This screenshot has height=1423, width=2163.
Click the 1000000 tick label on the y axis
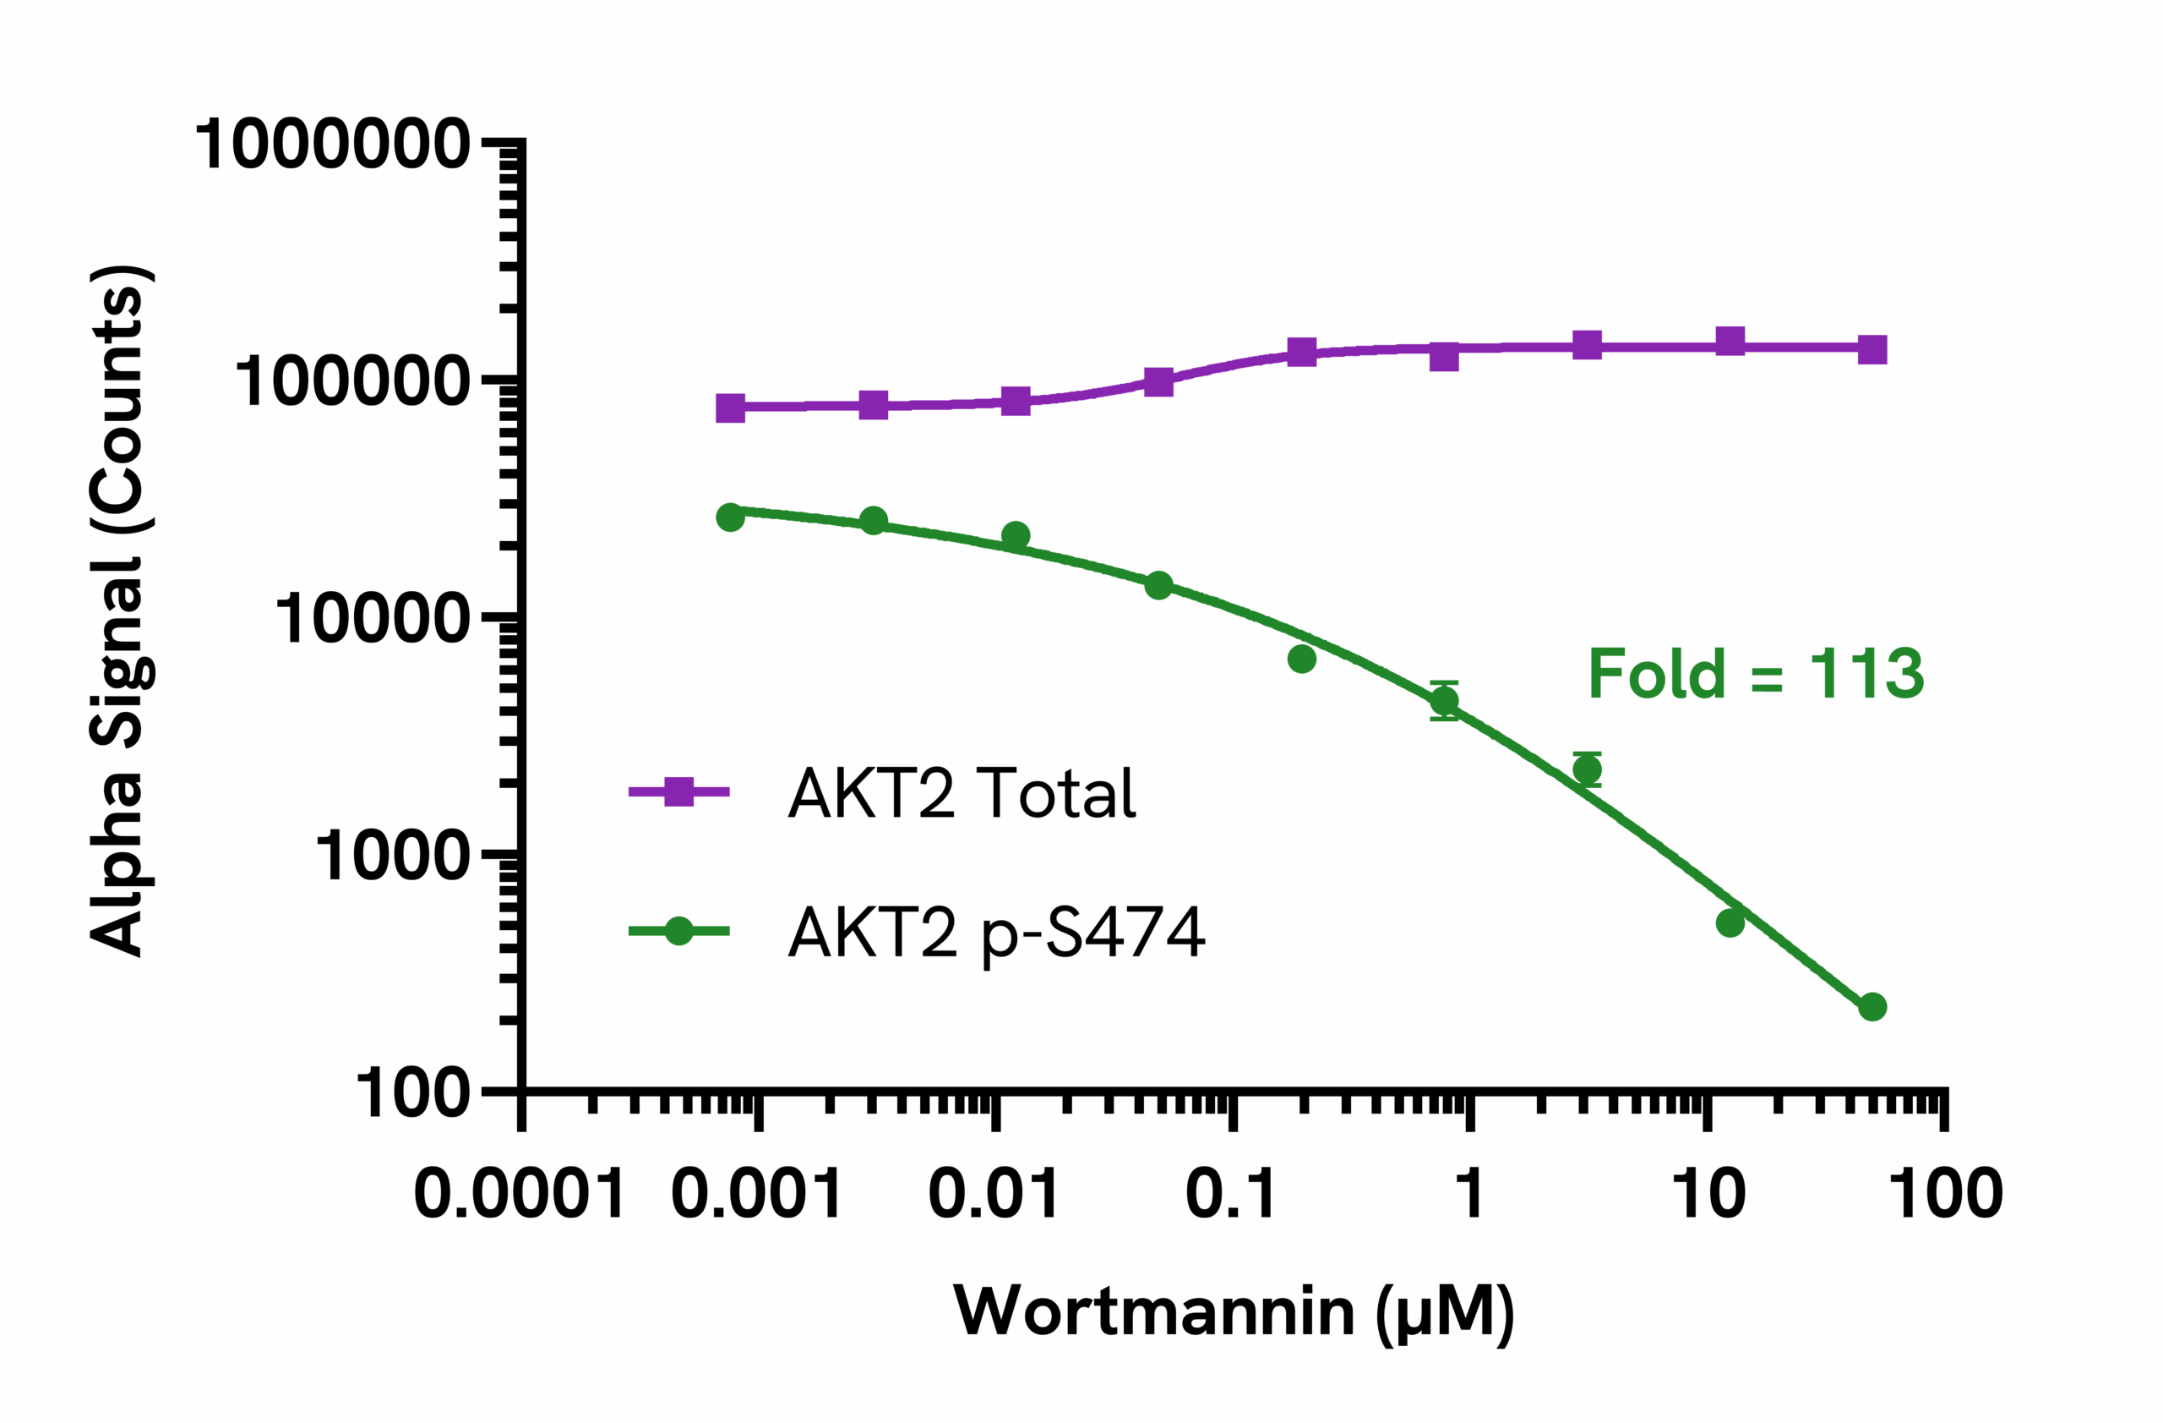pos(332,145)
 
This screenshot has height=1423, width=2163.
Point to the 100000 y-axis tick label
pos(352,382)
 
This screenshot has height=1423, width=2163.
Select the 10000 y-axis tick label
pos(373,619)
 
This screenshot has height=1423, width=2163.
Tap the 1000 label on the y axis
pos(393,856)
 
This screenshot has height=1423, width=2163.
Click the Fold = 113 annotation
pos(1756,675)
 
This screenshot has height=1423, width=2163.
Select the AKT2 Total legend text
pos(962,793)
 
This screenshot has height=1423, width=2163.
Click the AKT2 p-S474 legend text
pos(996,932)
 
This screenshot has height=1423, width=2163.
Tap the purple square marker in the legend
pos(678,792)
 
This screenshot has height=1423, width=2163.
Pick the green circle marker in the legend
pos(678,931)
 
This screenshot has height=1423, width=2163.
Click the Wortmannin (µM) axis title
pos(1234,1312)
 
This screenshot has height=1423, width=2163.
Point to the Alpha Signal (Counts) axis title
pos(121,611)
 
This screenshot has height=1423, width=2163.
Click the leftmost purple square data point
pos(731,408)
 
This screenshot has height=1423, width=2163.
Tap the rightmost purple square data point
pos(1872,349)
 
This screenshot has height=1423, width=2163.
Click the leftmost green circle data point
pos(731,518)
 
